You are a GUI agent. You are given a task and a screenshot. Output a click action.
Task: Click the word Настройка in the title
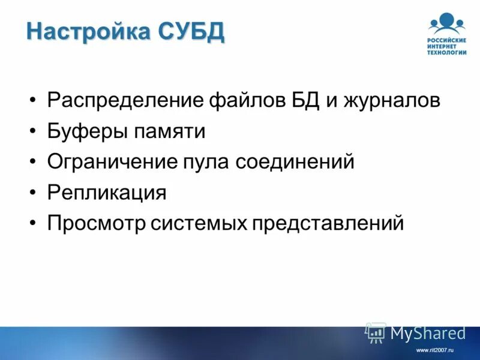89,31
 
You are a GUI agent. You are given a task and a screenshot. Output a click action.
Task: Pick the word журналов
392,100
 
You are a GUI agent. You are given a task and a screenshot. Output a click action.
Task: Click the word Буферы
83,131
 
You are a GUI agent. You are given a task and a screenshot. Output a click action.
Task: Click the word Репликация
107,193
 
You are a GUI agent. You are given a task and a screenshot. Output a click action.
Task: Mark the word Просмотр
96,224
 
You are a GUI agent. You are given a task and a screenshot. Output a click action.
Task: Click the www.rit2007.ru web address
434,349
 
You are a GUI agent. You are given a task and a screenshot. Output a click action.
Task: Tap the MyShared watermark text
428,333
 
